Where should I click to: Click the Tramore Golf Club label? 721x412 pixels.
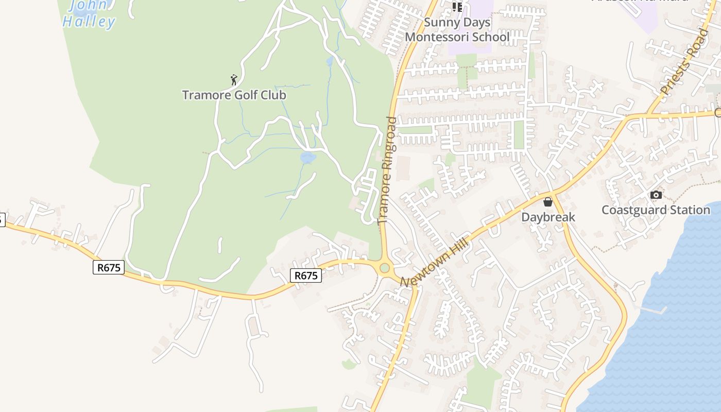[x=234, y=95]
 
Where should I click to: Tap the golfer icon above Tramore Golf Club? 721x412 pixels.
[x=234, y=80]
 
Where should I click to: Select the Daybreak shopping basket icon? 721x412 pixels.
[x=548, y=201]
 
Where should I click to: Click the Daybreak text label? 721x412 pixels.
[x=548, y=217]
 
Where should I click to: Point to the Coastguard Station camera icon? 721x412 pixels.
[x=656, y=195]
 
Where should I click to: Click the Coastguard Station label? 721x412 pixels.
[x=656, y=210]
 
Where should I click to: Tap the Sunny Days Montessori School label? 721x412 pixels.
[x=457, y=30]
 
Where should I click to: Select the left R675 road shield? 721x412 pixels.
[x=109, y=267]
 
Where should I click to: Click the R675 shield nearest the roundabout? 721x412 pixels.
[x=306, y=276]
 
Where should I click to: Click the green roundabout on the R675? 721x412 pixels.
[x=384, y=268]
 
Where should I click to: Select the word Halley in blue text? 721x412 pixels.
[x=89, y=22]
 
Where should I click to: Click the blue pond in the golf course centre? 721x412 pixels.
[x=307, y=158]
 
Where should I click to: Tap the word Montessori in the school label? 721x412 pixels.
[x=457, y=37]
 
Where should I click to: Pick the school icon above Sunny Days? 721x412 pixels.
[x=457, y=6]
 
